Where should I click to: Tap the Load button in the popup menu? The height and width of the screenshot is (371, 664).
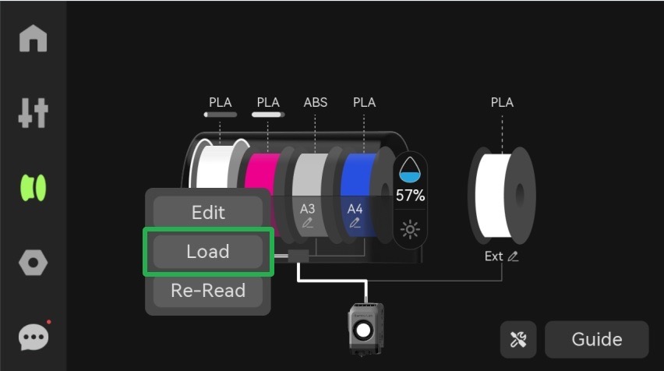(207, 252)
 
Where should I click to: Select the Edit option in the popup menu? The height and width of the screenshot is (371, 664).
(207, 212)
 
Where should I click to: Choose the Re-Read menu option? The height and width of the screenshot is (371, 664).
(207, 291)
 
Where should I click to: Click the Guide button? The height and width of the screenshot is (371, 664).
(596, 339)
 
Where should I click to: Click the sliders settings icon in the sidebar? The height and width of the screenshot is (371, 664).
(33, 114)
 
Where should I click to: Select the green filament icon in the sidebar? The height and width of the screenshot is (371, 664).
(33, 188)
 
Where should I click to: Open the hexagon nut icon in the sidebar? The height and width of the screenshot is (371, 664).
(33, 263)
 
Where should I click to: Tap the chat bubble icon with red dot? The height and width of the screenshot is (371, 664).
(33, 337)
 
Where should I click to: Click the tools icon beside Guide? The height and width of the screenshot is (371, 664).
(518, 339)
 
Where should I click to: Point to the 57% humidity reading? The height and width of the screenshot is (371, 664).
(410, 196)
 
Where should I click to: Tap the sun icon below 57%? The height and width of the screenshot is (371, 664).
(410, 229)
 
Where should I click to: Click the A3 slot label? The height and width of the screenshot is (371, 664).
(308, 209)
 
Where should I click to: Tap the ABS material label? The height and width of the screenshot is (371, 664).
(316, 102)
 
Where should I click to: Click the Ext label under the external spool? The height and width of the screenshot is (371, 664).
(493, 256)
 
